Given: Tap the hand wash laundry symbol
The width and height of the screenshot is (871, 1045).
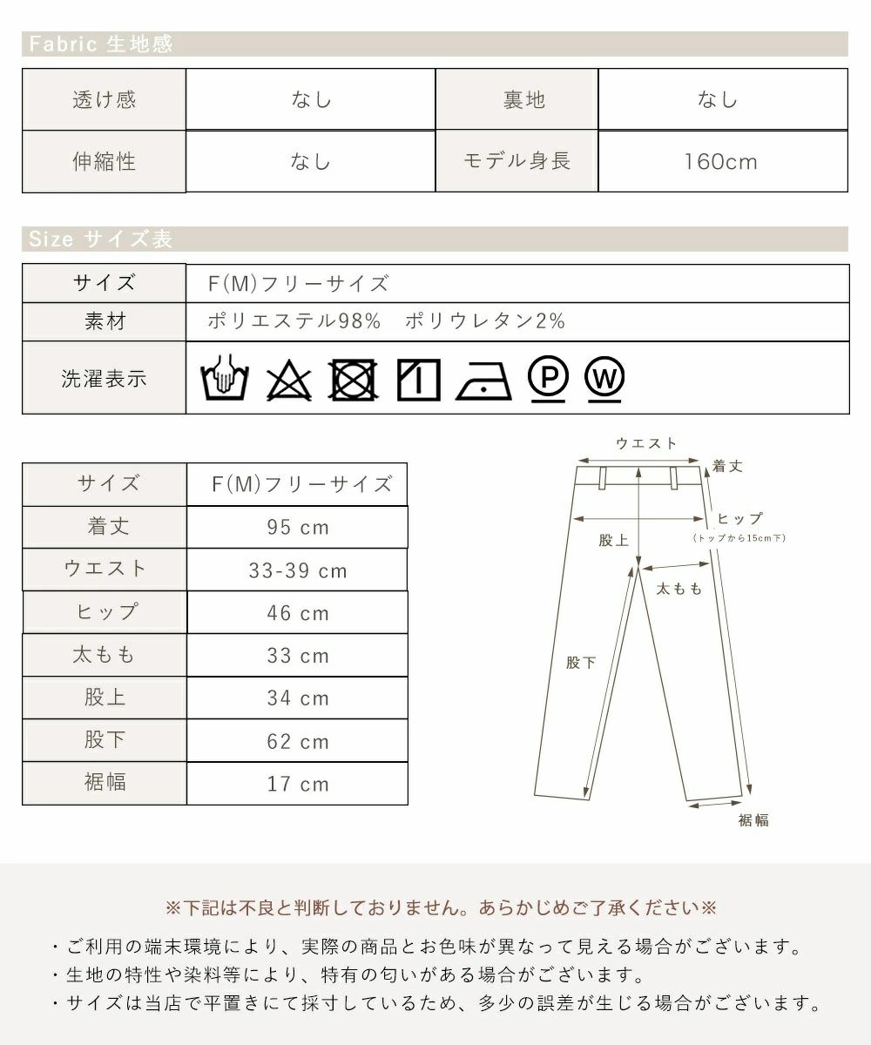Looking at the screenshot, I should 226,379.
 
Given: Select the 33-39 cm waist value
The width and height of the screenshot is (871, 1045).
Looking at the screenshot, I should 298,571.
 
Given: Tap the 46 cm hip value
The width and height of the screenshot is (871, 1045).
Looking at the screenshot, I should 298,614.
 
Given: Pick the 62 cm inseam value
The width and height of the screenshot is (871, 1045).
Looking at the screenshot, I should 298,742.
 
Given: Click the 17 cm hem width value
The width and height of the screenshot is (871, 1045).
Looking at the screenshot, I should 298,785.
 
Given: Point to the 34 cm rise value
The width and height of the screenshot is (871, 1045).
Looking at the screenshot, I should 298,699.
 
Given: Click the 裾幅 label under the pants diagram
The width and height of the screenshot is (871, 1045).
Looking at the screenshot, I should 753,820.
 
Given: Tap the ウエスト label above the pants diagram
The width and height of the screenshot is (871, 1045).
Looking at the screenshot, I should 646,443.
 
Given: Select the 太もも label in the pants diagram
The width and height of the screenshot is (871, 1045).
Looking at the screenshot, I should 679,590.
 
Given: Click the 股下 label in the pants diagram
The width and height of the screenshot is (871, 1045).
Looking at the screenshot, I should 581,663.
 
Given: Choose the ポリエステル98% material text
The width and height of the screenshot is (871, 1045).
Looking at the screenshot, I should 294,321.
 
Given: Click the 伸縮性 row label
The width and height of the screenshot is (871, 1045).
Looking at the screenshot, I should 104,162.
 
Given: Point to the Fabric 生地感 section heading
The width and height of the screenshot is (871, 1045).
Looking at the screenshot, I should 102,44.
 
